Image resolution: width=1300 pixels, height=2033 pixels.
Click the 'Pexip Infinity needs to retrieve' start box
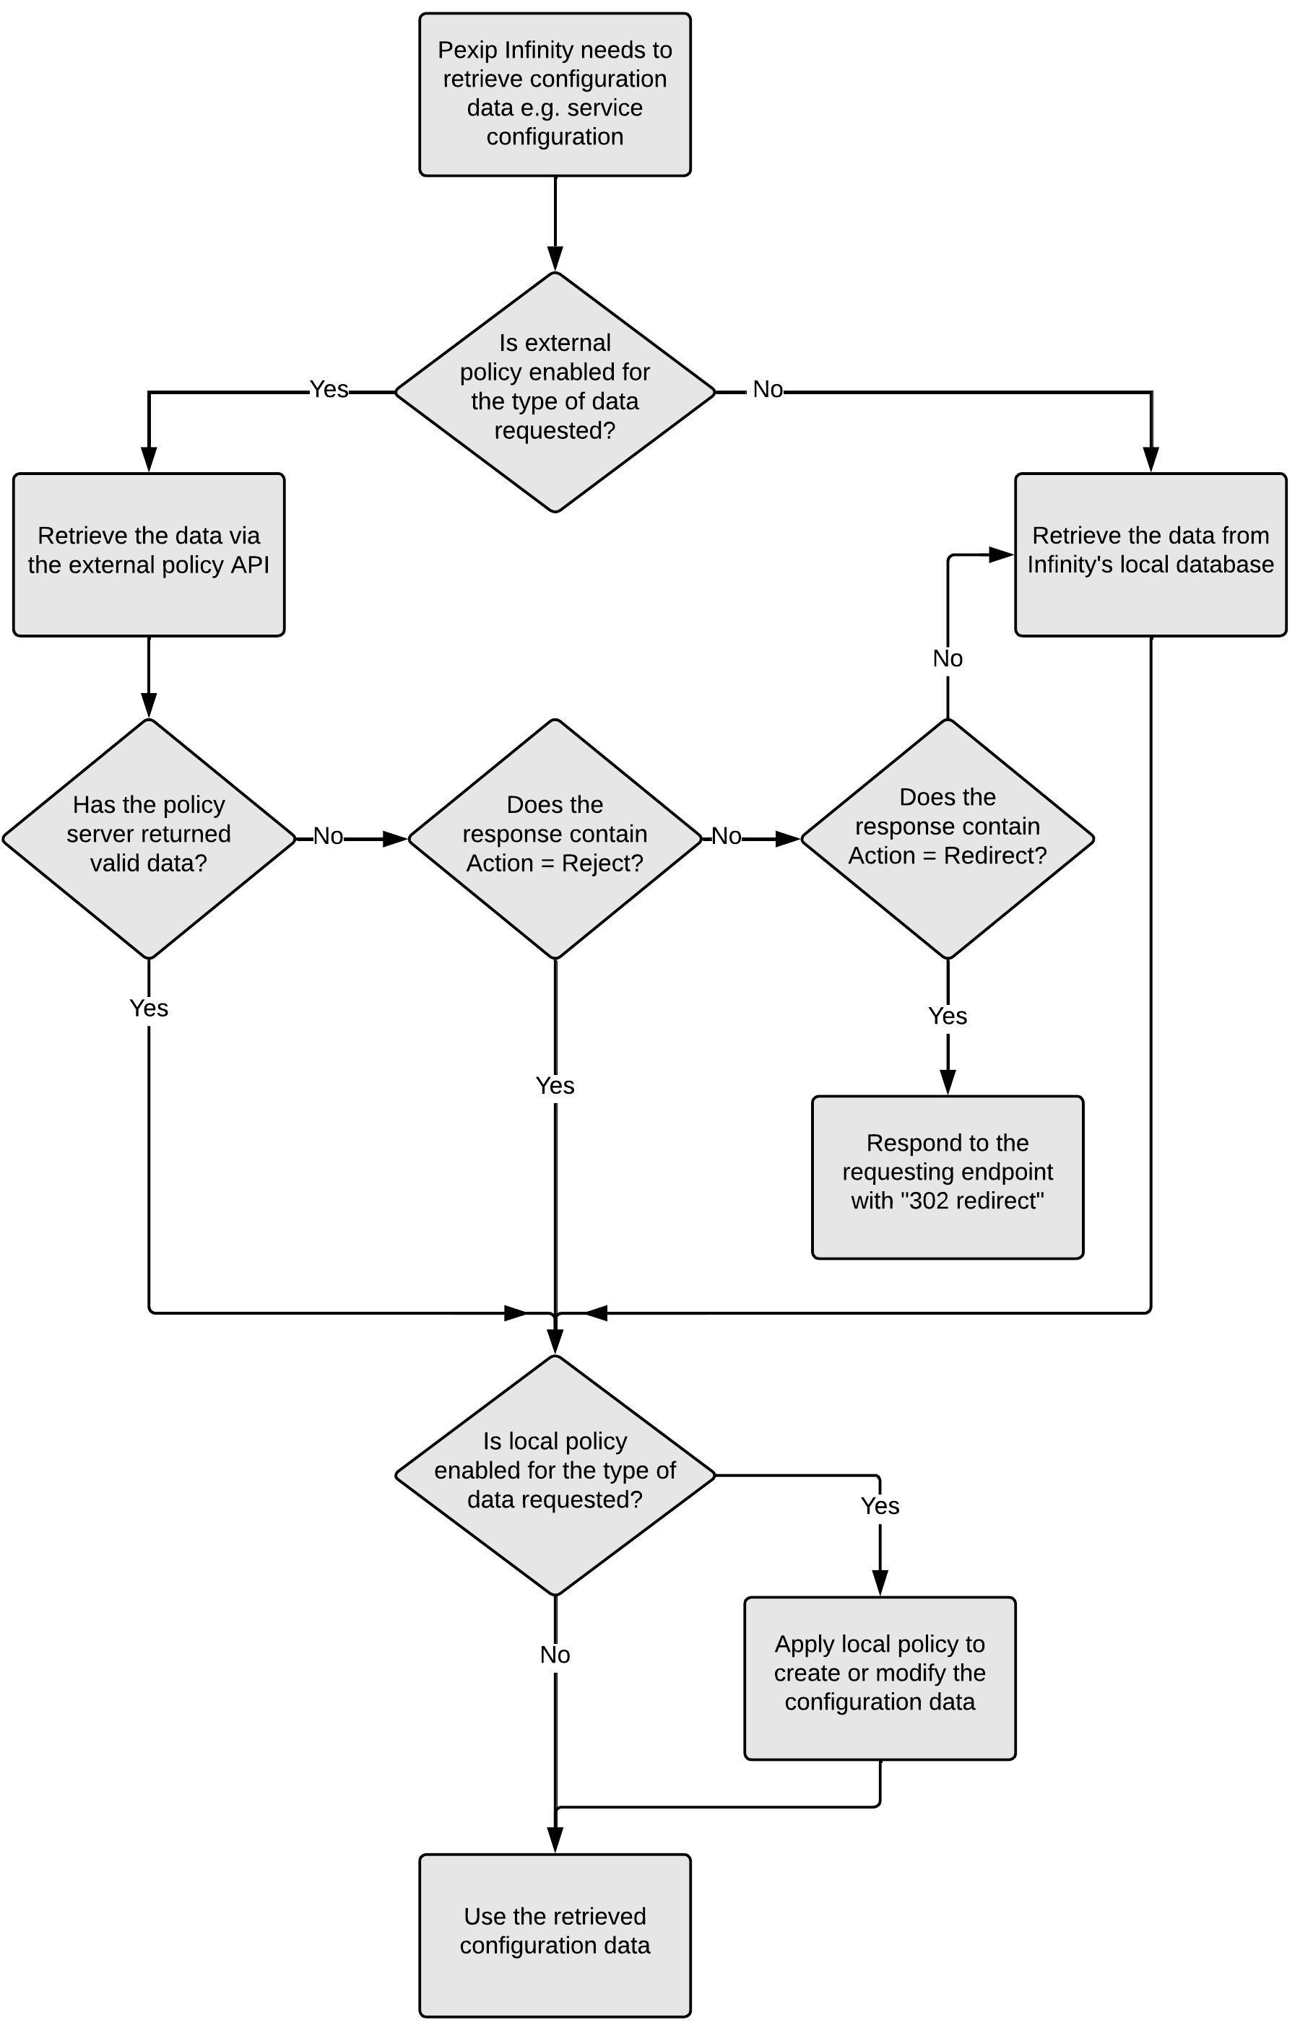point(555,95)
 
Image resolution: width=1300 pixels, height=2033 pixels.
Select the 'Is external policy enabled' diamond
point(555,392)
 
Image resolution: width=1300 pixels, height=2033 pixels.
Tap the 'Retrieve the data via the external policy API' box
point(149,554)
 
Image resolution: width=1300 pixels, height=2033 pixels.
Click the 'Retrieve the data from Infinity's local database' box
point(1150,554)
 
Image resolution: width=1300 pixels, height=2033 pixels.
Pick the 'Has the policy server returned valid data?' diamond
point(149,838)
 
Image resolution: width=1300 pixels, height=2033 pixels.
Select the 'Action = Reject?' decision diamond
point(555,838)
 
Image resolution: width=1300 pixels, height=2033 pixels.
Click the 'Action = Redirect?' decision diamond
point(947,838)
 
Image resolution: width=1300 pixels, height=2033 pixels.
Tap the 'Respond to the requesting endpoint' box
point(947,1177)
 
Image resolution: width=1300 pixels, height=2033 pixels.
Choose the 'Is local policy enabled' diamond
point(555,1475)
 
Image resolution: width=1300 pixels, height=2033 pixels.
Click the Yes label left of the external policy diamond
point(329,389)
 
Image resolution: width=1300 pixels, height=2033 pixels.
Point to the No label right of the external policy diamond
point(768,389)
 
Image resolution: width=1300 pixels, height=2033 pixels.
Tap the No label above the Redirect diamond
point(947,658)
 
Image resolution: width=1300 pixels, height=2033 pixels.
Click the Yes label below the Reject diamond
point(555,1086)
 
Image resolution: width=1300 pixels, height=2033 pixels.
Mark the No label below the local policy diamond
point(555,1655)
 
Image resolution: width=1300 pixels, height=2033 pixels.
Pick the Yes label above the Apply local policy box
point(880,1506)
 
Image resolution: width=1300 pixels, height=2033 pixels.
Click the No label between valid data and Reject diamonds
point(329,837)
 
